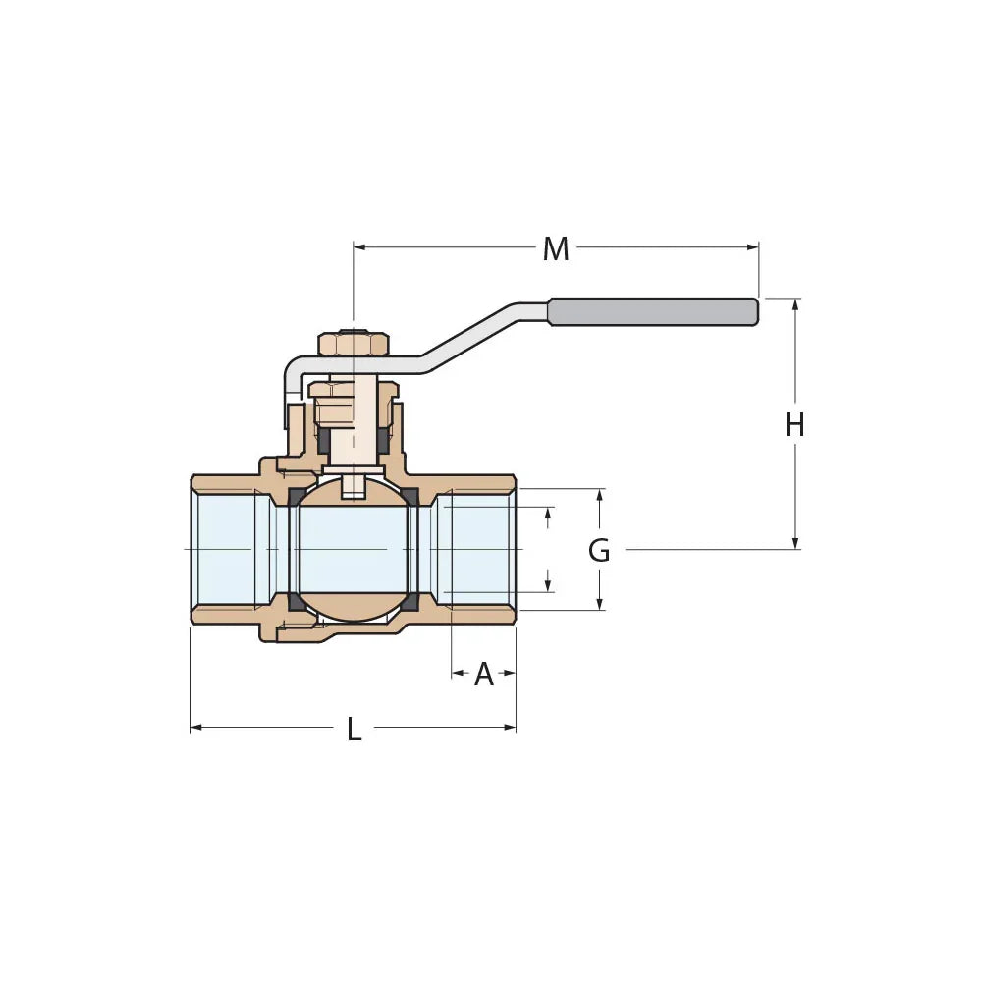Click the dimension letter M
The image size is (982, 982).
click(x=556, y=249)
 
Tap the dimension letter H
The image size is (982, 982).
click(x=794, y=425)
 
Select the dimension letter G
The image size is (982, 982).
click(x=598, y=551)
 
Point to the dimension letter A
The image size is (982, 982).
click(x=483, y=675)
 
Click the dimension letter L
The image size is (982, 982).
click(x=354, y=730)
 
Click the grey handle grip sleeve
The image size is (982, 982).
click(x=653, y=311)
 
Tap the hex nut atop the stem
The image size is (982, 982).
click(x=354, y=345)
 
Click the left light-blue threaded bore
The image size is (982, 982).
click(x=228, y=549)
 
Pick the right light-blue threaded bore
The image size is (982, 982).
click(x=476, y=549)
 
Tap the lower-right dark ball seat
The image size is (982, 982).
click(x=409, y=601)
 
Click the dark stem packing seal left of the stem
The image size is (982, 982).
click(x=323, y=441)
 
